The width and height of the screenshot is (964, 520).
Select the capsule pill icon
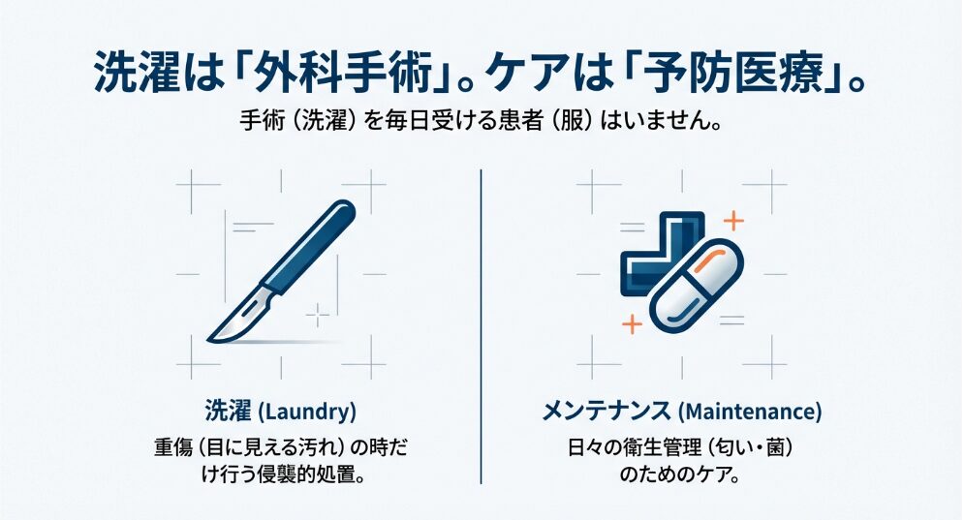point(697,286)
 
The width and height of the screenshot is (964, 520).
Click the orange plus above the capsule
point(732,221)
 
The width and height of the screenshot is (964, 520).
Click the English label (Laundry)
point(306,412)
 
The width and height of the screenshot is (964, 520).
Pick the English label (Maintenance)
point(750,412)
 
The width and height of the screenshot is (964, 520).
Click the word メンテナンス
point(606,411)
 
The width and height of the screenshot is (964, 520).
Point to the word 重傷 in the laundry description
point(174,447)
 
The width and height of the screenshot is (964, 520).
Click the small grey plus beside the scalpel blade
point(318,316)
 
